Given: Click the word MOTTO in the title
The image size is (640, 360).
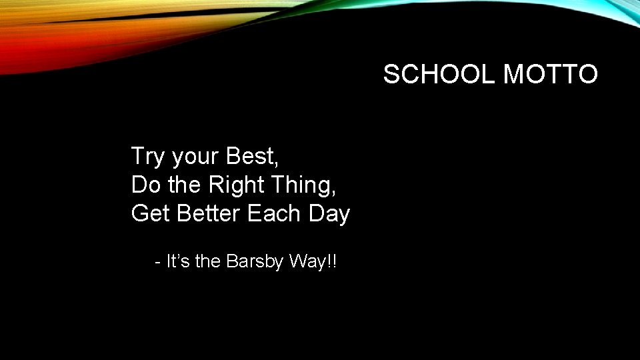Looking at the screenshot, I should pos(551,74).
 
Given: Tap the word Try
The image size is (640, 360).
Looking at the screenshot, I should pos(148,157).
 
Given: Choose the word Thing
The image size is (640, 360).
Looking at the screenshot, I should pos(307,185).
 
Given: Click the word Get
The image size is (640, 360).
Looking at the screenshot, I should pos(150,213).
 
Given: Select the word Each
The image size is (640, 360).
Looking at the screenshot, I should pos(275,213).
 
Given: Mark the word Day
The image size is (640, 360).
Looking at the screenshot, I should pos(329,213).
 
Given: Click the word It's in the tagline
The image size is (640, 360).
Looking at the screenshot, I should pos(179,261).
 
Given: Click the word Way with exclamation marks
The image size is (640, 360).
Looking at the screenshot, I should pos(313,261).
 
